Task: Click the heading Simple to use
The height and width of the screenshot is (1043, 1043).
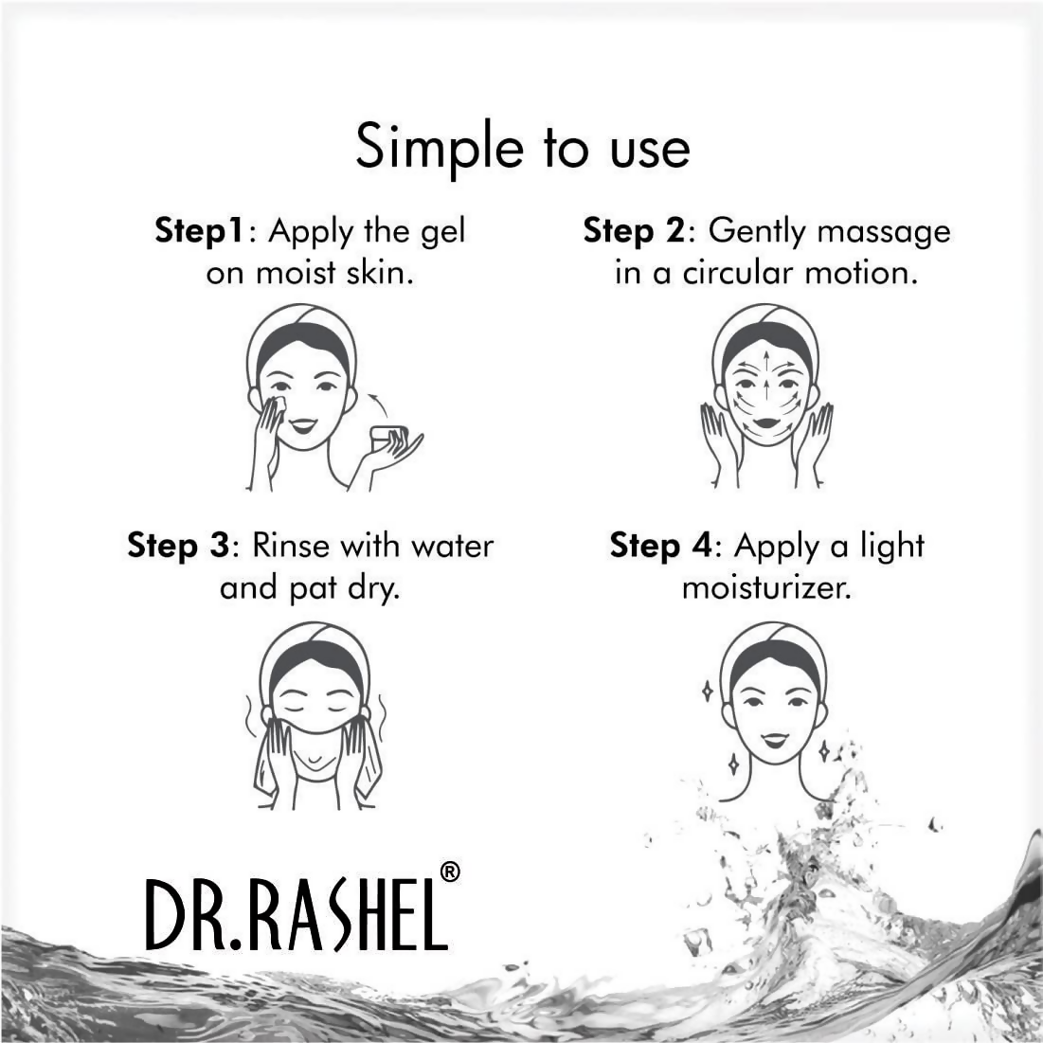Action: click(522, 149)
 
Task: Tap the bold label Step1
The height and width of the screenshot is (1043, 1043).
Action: click(200, 231)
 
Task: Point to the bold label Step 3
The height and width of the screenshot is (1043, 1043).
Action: click(179, 546)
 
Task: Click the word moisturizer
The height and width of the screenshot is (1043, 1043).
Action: click(766, 588)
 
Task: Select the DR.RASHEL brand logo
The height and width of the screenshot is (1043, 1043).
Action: click(297, 914)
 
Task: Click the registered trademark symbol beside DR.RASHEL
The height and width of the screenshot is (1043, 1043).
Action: click(450, 872)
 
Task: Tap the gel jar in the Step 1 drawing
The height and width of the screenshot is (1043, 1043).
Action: click(387, 438)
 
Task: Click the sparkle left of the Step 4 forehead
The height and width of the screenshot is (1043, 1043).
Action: click(707, 692)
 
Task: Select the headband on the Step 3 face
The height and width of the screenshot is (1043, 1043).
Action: click(314, 641)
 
